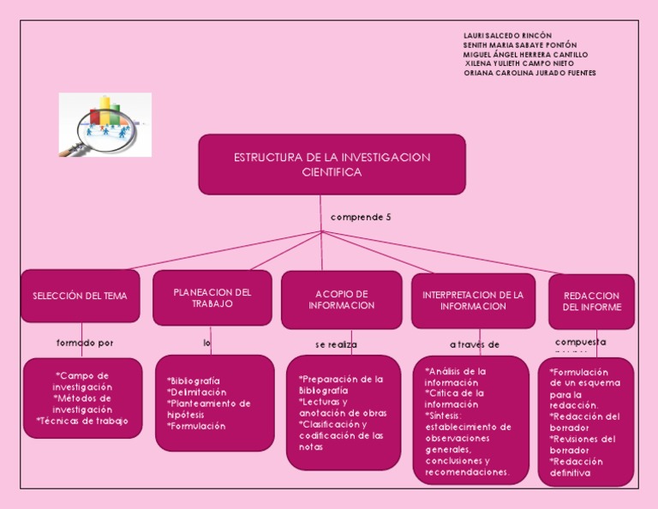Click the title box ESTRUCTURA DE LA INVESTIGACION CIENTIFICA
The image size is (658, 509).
pyautogui.click(x=332, y=165)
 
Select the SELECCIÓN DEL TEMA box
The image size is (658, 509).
pyautogui.click(x=80, y=296)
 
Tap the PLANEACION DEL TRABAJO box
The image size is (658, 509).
pyautogui.click(x=212, y=297)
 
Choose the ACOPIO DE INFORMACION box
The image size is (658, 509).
pyautogui.click(x=341, y=300)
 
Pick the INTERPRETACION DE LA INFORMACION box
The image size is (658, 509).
pyautogui.click(x=473, y=301)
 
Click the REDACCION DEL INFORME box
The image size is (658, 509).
pyautogui.click(x=591, y=302)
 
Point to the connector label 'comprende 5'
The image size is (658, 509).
pyautogui.click(x=361, y=218)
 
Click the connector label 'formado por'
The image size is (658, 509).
pyautogui.click(x=85, y=343)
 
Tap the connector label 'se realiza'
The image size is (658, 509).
pyautogui.click(x=336, y=344)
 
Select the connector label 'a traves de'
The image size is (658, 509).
pyautogui.click(x=475, y=344)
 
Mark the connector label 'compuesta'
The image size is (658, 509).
pyautogui.click(x=580, y=342)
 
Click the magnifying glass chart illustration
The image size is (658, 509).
pyautogui.click(x=105, y=125)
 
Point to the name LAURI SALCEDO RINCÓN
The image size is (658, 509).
pyautogui.click(x=507, y=35)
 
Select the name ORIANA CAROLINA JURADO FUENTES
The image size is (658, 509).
pyautogui.click(x=529, y=73)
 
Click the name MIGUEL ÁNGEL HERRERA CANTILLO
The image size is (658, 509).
pyautogui.click(x=525, y=54)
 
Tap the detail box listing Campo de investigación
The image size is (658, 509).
pyautogui.click(x=82, y=398)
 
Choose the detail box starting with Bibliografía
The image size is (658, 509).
pyautogui.click(x=214, y=403)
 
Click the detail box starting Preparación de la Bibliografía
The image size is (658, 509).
pyautogui.click(x=343, y=412)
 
